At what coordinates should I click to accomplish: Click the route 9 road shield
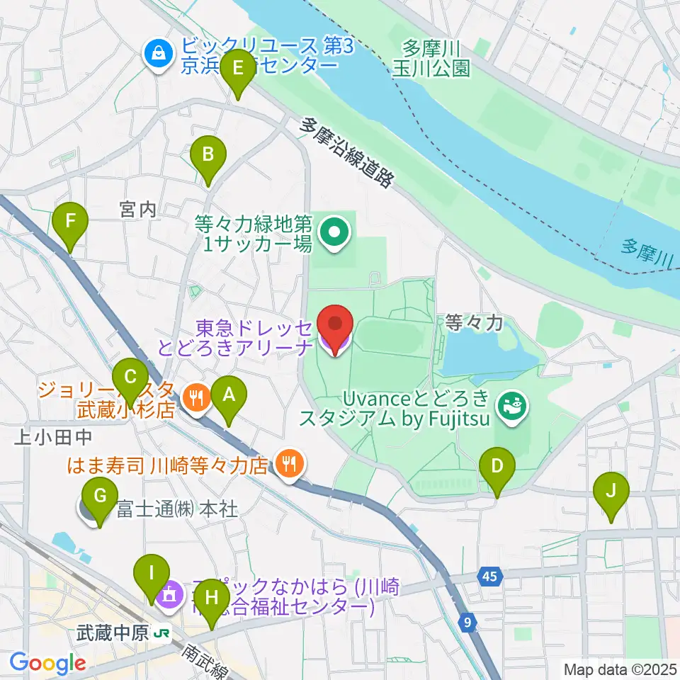[x=467, y=623]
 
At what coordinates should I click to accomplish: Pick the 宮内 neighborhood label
[x=137, y=209]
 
